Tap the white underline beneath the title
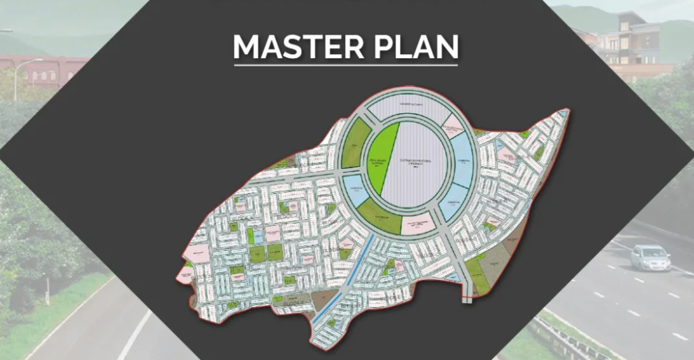pos(346,65)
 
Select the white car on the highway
pos(649,258)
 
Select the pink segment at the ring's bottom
pos(416,223)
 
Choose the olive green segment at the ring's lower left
pos(377,216)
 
